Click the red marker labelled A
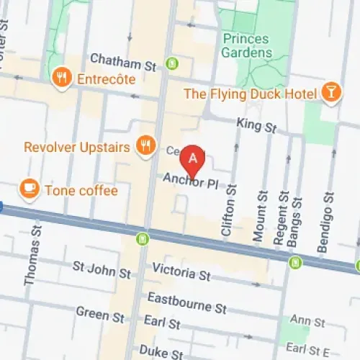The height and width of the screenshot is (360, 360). [192, 158]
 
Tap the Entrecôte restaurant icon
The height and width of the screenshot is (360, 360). [62, 78]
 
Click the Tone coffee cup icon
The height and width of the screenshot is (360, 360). [30, 189]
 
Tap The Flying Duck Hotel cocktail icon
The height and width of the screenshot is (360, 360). [330, 94]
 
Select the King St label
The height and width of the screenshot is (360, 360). [257, 126]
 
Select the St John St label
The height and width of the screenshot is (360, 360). [102, 270]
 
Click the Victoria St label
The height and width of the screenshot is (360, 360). [181, 274]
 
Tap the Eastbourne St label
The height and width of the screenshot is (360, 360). [187, 301]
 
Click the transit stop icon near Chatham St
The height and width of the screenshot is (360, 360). [171, 63]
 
